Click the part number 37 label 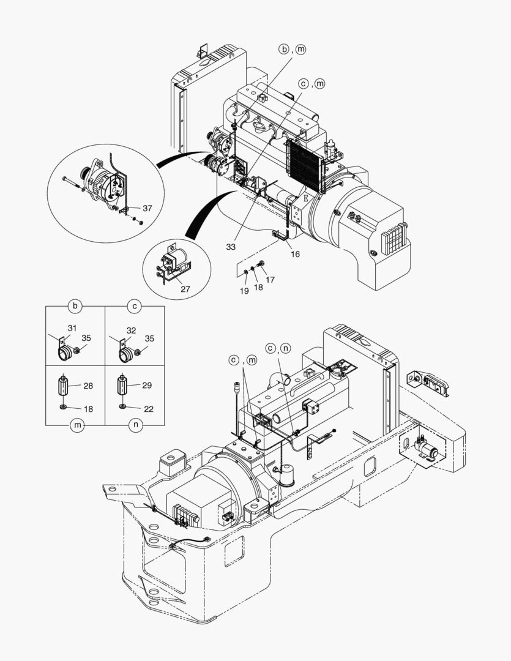tap(147, 209)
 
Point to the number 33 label tap(231, 247)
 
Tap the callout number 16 tap(295, 253)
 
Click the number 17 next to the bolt tap(270, 280)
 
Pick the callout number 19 tap(244, 291)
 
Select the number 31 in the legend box tap(72, 329)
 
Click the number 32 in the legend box tap(130, 330)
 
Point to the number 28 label tap(88, 386)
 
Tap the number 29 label tap(146, 386)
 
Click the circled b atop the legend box tap(75, 305)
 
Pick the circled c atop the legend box tap(134, 305)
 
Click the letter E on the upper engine tap(306, 198)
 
